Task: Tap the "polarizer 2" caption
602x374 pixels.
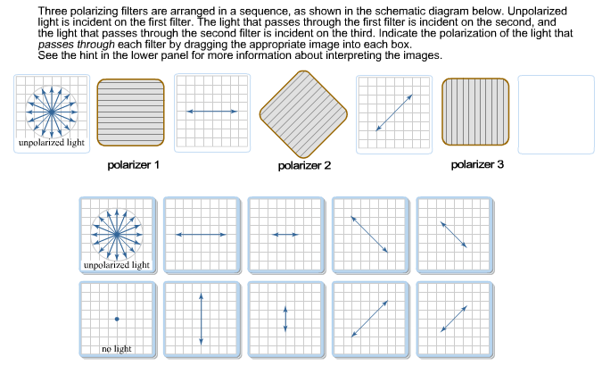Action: (304, 166)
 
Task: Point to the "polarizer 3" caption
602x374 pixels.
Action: (477, 165)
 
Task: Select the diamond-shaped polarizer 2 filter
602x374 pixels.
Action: (304, 112)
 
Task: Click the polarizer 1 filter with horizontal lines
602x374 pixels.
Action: (130, 112)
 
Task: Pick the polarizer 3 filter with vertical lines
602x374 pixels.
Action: (477, 112)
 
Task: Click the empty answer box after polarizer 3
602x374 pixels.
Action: (556, 112)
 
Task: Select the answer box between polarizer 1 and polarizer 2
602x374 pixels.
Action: (210, 112)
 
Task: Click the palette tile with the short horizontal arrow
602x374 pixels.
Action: (285, 234)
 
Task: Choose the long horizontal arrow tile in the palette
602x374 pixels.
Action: (202, 234)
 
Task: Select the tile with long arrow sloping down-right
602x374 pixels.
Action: (369, 234)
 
